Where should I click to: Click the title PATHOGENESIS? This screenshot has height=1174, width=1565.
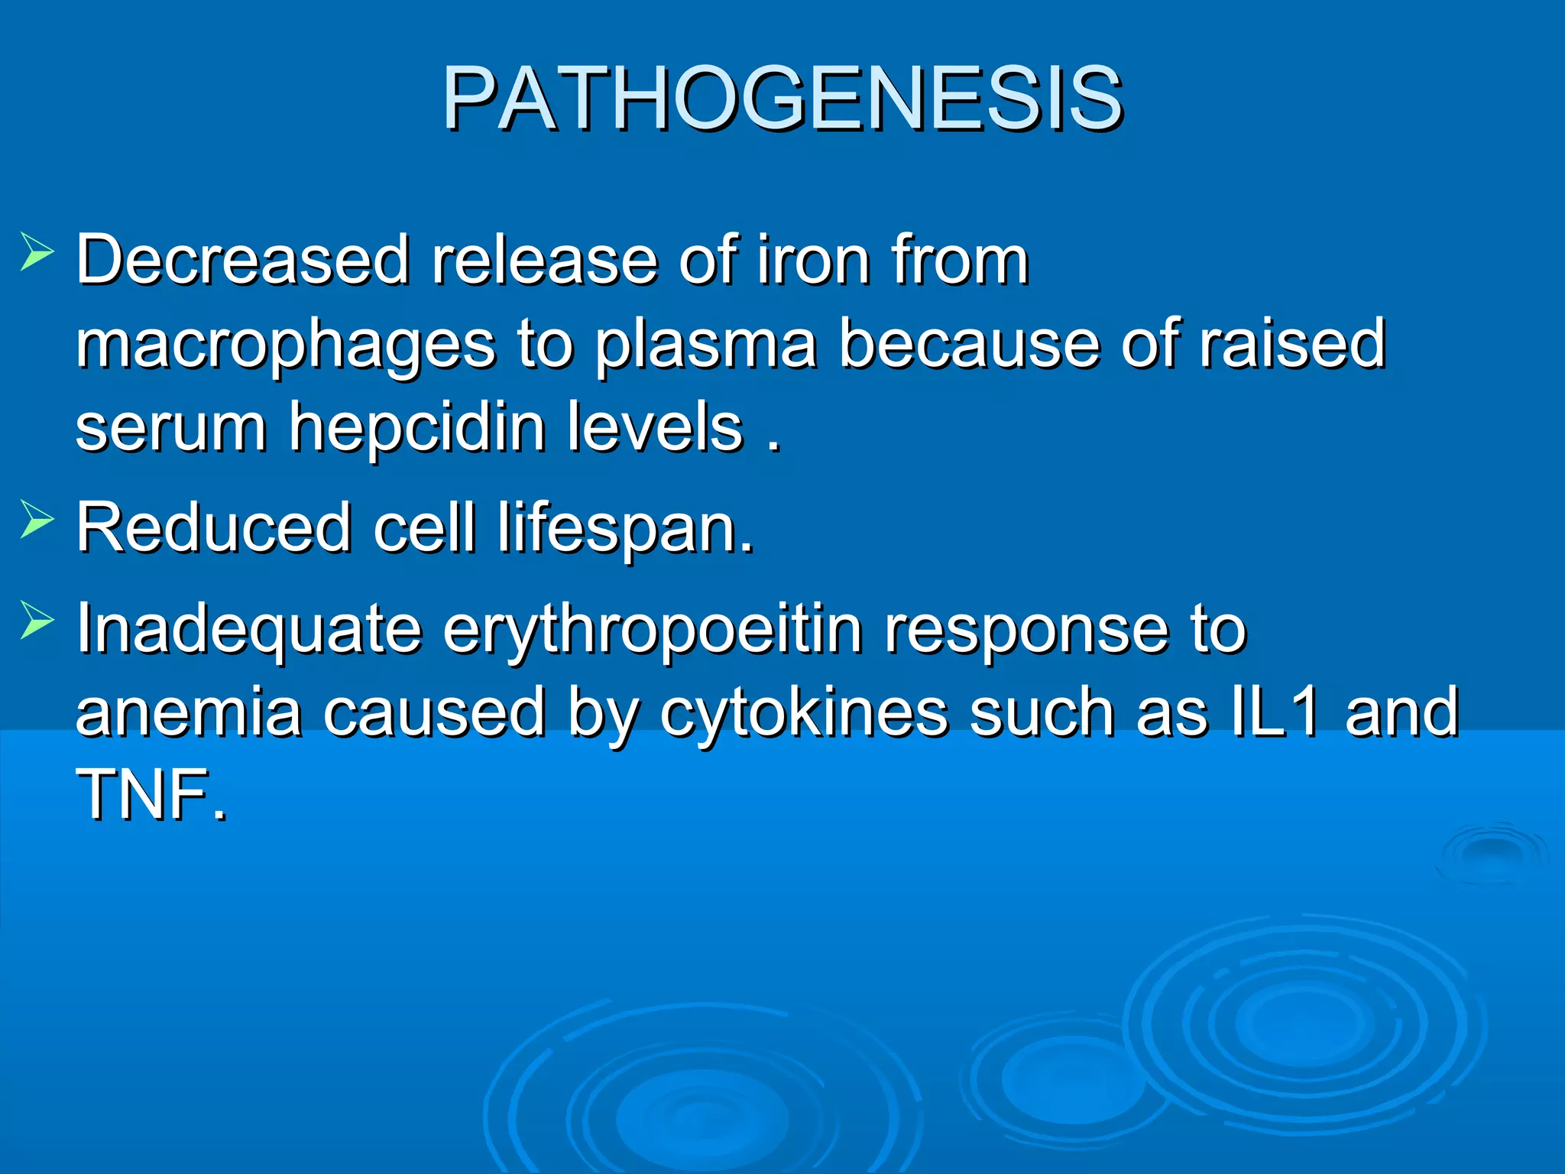[x=782, y=99]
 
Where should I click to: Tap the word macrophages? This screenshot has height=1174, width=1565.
[x=284, y=345]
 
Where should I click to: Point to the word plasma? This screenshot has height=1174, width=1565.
[x=706, y=345]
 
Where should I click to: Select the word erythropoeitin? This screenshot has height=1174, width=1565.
[x=653, y=631]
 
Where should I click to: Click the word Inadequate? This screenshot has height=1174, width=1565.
[x=249, y=630]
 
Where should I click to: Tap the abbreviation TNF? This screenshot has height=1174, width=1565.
[x=150, y=795]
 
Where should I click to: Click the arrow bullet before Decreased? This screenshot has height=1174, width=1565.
[x=37, y=252]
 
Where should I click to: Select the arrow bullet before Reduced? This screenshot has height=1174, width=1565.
[x=37, y=520]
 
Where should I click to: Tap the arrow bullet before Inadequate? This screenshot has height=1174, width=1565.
[x=37, y=621]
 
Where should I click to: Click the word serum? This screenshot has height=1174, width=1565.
[x=171, y=428]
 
